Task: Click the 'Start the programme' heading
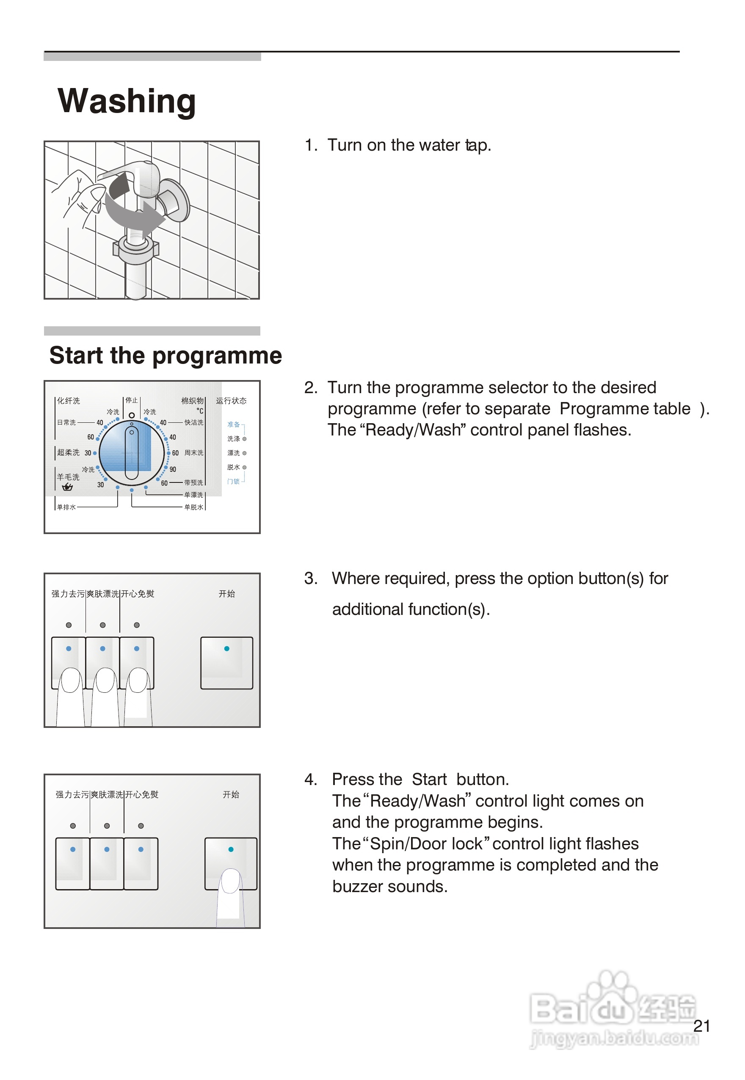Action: (x=166, y=355)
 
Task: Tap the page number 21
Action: (x=701, y=1026)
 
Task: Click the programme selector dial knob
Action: (x=132, y=453)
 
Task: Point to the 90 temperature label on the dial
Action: (x=173, y=469)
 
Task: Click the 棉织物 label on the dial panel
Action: (x=192, y=400)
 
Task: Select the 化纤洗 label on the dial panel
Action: (x=69, y=400)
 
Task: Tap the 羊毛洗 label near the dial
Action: (x=68, y=477)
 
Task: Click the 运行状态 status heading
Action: (x=231, y=400)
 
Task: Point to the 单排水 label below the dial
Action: (x=66, y=507)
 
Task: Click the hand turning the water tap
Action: (x=77, y=196)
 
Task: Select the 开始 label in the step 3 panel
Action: (x=227, y=594)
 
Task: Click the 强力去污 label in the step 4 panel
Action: (x=72, y=794)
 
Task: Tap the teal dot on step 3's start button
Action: (x=227, y=648)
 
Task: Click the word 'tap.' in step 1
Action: (x=478, y=145)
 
